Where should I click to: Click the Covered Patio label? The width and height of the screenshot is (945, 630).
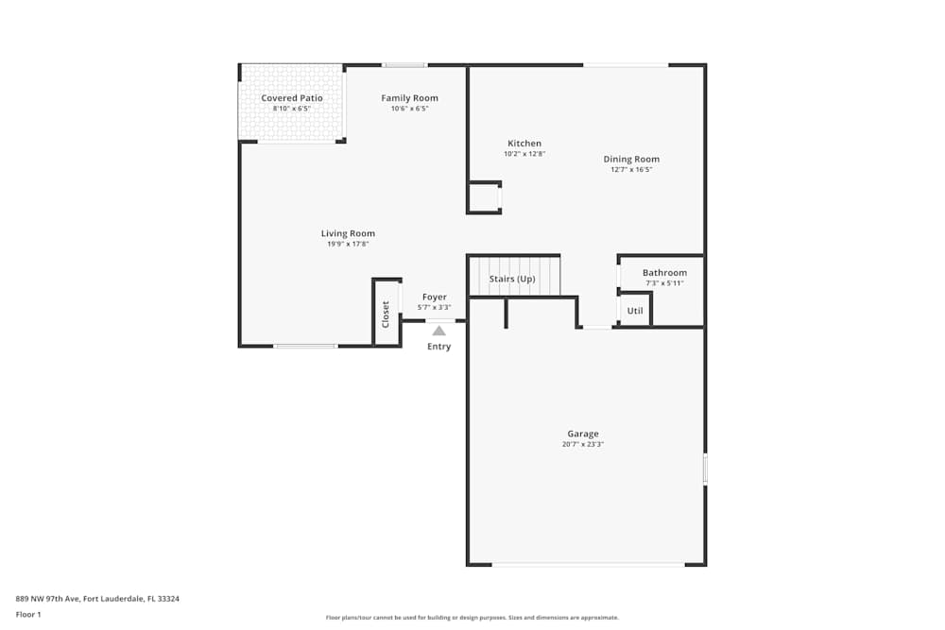292,98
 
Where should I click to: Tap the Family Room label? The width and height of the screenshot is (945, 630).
409,98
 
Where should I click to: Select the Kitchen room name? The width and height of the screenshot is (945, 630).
524,144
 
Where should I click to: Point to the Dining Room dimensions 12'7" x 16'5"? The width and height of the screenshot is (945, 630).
631,170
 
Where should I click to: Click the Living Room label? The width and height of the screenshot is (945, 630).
348,233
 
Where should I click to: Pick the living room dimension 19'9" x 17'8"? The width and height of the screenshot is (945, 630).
348,245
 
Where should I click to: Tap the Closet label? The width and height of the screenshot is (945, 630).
386,314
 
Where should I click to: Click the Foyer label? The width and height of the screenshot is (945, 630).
434,297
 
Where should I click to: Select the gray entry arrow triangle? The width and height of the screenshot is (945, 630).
438,331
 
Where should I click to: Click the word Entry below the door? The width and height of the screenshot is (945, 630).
438,347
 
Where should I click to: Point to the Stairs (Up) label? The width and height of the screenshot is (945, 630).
512,279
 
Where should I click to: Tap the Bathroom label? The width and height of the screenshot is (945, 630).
664,273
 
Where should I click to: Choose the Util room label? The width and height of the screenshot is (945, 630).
635,310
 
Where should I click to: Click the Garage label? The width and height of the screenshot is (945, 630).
583,434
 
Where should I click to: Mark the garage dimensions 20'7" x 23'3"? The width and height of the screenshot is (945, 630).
583,444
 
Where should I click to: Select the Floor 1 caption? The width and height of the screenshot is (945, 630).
28,614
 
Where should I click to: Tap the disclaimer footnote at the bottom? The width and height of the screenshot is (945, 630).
472,618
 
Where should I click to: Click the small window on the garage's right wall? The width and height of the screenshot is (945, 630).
705,469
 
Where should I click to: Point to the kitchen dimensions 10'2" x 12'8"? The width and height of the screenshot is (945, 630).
524,154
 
